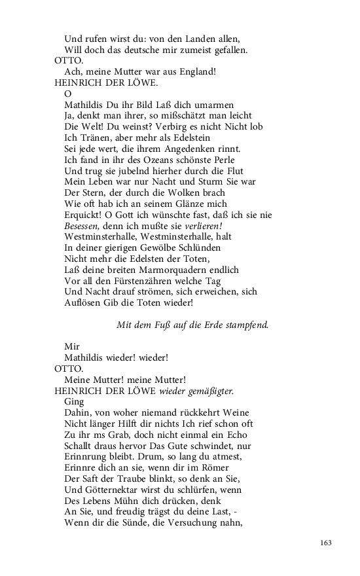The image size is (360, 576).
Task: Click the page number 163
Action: pyautogui.click(x=326, y=543)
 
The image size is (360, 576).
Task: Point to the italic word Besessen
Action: pyautogui.click(x=85, y=225)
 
